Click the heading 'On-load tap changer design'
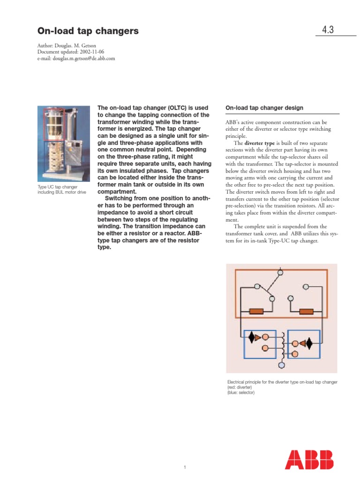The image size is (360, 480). [x=264, y=108]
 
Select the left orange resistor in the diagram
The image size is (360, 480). [x=256, y=311]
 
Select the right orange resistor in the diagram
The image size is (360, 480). [x=307, y=311]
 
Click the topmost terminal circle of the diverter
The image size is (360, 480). [x=280, y=272]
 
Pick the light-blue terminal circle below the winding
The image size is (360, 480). [x=282, y=364]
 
